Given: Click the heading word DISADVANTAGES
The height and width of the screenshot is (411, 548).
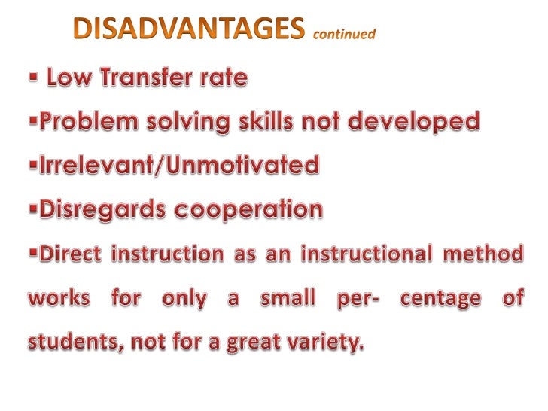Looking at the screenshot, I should click(189, 31).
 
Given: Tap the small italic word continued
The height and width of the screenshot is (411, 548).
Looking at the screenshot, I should click(342, 34).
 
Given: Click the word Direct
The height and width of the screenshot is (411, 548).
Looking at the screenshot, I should click(69, 254).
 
